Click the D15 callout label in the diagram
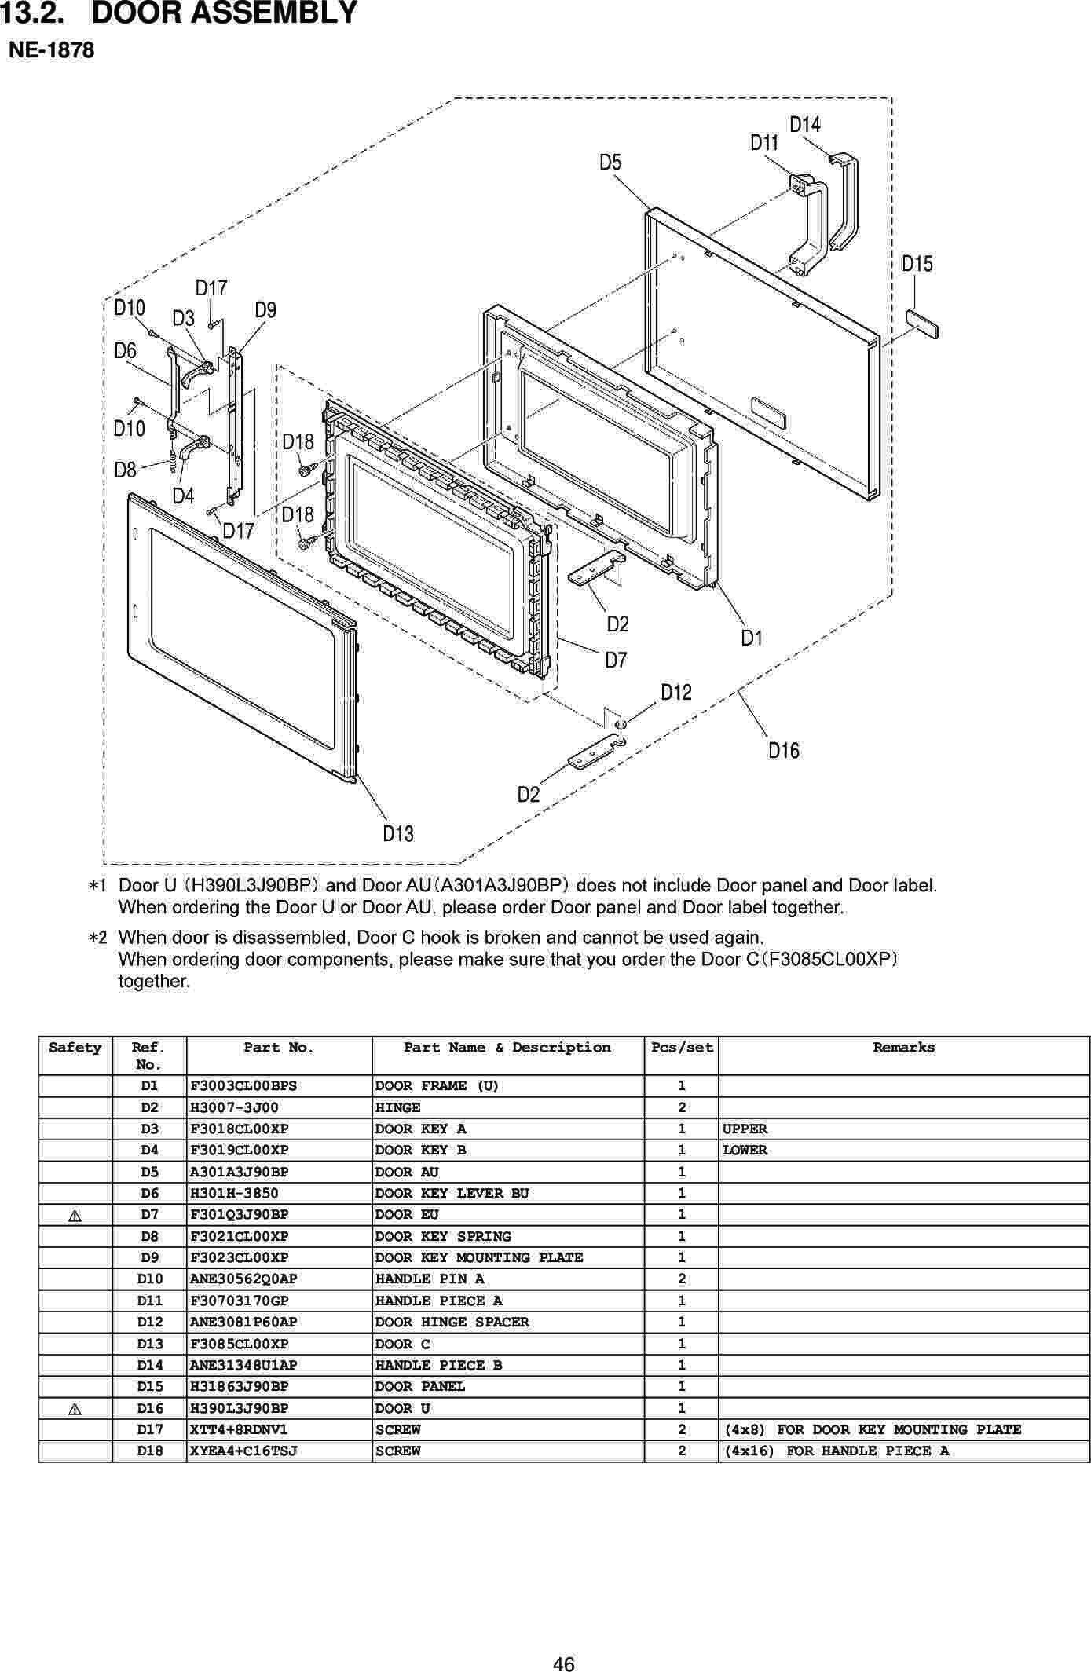click(x=917, y=264)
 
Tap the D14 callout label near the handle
click(x=804, y=125)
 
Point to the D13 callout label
click(x=398, y=833)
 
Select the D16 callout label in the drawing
click(x=783, y=751)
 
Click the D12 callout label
click(x=675, y=693)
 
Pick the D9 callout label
click(x=265, y=310)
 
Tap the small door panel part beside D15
click(x=922, y=323)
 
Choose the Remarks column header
click(x=903, y=1048)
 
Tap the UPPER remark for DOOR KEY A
click(x=745, y=1129)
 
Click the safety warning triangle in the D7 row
click(x=75, y=1216)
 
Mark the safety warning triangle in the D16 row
click(x=75, y=1409)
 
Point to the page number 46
click(x=563, y=1643)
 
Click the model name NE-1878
click(x=51, y=51)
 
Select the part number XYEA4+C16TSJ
click(x=243, y=1451)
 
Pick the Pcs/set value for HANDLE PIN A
click(x=681, y=1279)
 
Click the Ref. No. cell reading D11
click(x=149, y=1301)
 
